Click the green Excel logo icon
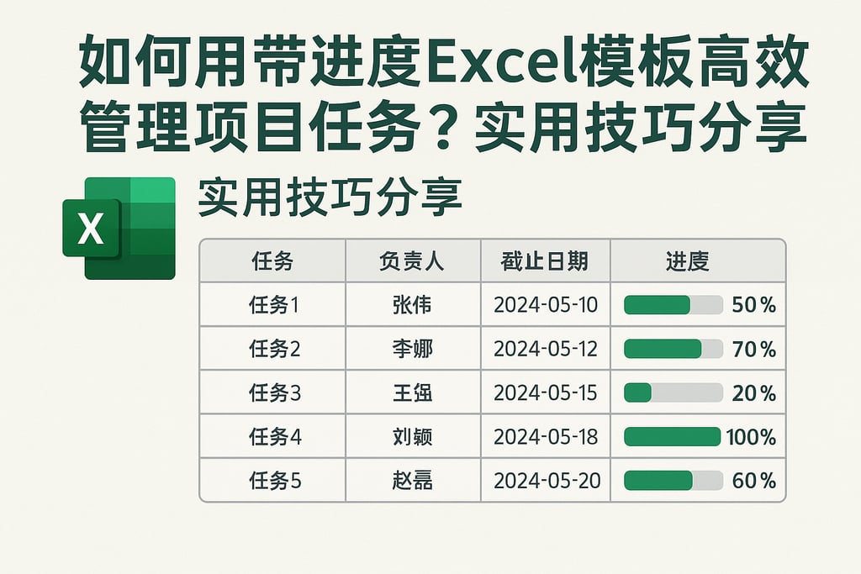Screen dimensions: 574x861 tap(119, 228)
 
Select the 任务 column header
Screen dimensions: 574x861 tap(272, 261)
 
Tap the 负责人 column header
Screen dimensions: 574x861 tap(412, 261)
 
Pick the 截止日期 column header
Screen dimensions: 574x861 tap(545, 261)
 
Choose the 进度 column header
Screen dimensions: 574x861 tap(687, 261)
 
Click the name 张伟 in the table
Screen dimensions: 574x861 tap(412, 305)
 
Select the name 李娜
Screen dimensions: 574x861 tap(412, 349)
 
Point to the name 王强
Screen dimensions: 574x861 tap(412, 392)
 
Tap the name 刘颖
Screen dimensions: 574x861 tap(412, 437)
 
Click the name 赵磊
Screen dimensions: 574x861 tap(412, 481)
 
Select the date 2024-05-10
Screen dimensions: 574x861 tap(546, 305)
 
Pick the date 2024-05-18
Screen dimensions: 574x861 tap(546, 437)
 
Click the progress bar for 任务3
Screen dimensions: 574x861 tap(673, 392)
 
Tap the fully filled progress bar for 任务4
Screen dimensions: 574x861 tap(673, 437)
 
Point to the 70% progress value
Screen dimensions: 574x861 tap(753, 349)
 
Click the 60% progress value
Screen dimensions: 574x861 tap(753, 481)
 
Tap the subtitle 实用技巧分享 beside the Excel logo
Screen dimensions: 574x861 tap(330, 200)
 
